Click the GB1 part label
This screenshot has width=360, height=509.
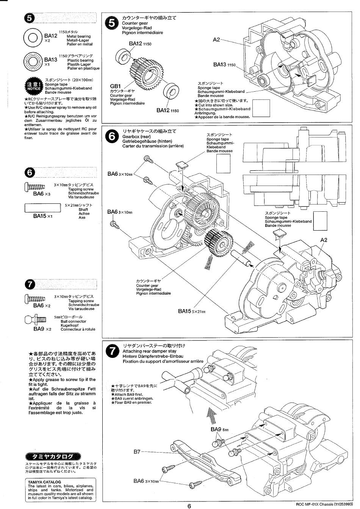click(115, 86)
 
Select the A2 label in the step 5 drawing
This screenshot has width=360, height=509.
click(216, 39)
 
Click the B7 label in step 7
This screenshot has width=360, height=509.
click(137, 452)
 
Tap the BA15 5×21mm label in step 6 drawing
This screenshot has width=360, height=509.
click(191, 311)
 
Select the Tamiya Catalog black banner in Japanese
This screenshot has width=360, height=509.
click(52, 456)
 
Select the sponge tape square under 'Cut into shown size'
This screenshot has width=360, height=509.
click(261, 108)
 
